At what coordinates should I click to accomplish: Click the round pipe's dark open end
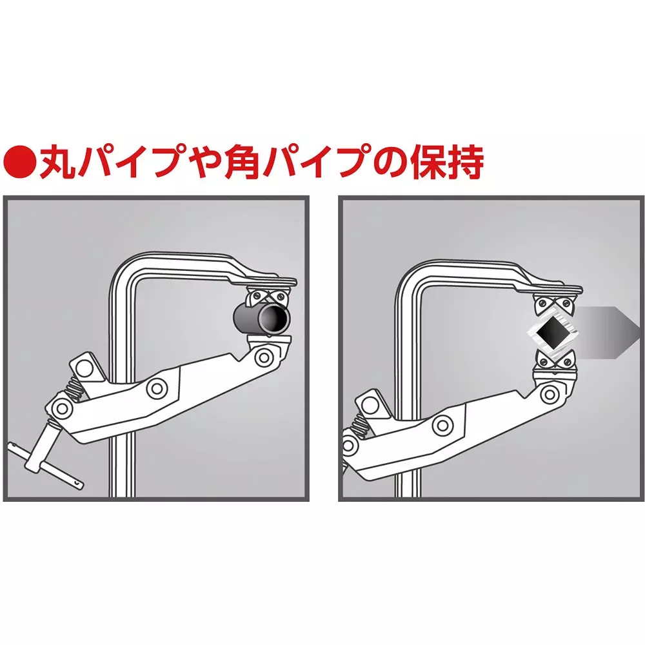[278, 318]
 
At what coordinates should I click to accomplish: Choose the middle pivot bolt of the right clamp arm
[442, 424]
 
